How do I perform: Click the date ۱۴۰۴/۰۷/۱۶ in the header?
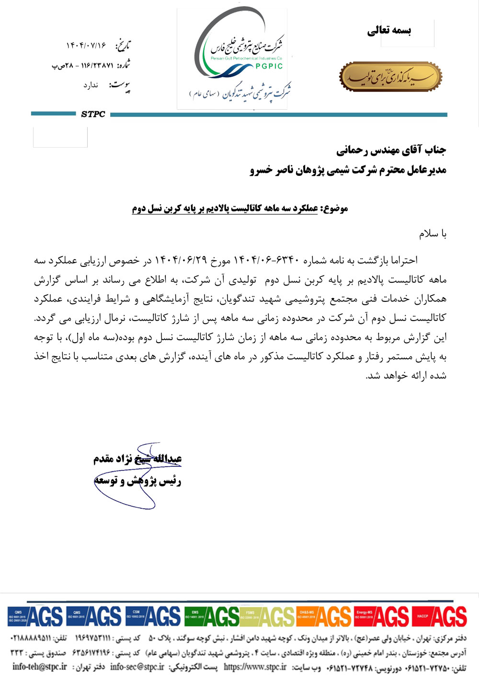click(x=86, y=46)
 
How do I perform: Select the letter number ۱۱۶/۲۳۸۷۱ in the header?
click(x=97, y=65)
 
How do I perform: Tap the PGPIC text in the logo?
click(x=269, y=67)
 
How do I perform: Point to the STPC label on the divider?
click(x=93, y=114)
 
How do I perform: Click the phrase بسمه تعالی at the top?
click(x=389, y=31)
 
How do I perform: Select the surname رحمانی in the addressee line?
click(x=352, y=150)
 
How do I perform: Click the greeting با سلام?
click(x=433, y=234)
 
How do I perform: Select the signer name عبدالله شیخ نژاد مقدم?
click(x=137, y=459)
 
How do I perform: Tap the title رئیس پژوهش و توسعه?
click(x=137, y=481)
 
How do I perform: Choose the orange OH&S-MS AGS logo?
click(x=324, y=616)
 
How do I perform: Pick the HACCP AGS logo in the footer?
click(x=439, y=616)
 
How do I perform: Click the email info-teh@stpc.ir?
click(x=40, y=667)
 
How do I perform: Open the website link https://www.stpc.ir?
click(x=255, y=667)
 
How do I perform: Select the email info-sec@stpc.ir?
click(x=137, y=667)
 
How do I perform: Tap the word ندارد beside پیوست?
click(x=91, y=85)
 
